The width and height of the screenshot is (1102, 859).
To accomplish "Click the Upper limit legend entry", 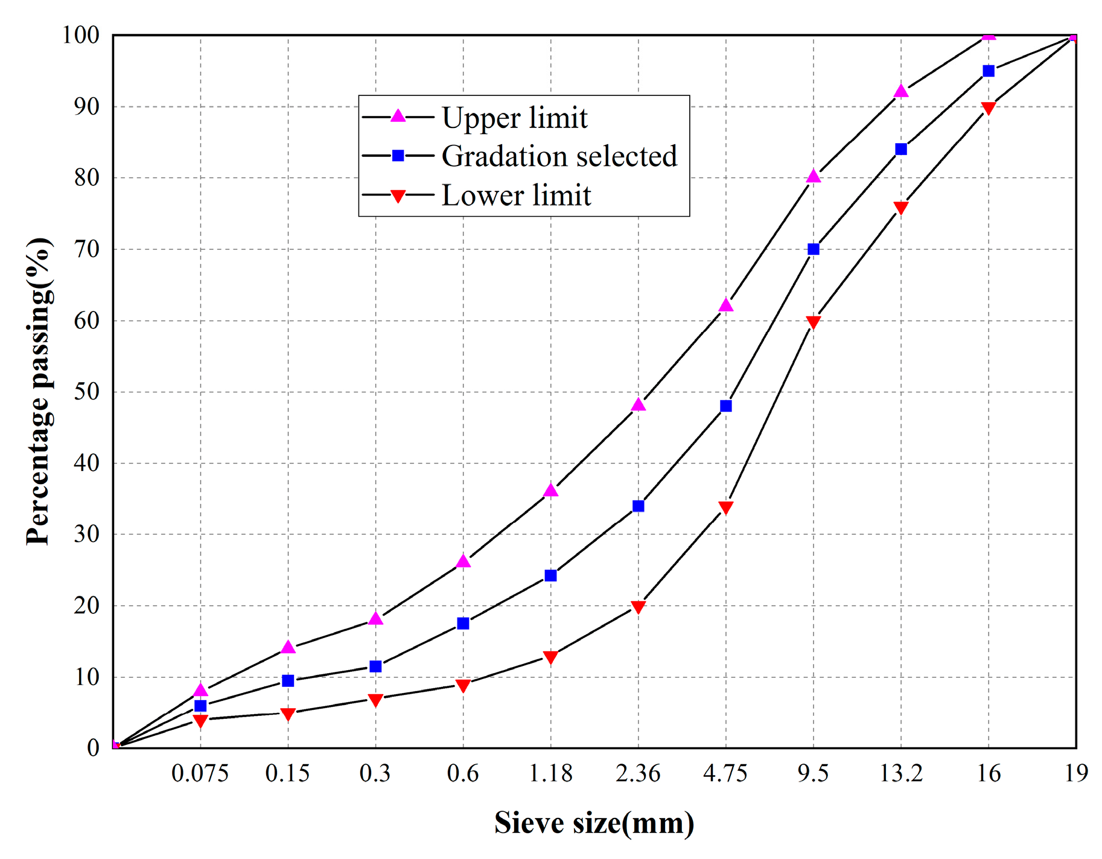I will coord(514,118).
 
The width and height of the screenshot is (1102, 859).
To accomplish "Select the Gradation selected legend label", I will coord(559,156).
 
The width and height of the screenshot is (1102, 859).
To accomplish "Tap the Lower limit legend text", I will coord(516,196).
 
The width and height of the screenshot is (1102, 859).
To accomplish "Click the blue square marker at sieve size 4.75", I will coord(726,406).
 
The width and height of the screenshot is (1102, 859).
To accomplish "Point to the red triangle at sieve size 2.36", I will coord(639,607).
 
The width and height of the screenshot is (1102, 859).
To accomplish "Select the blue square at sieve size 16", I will coord(989,71).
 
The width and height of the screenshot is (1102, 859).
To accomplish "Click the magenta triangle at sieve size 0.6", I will coord(463,561).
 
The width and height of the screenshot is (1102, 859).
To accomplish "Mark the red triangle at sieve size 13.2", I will coord(901,208).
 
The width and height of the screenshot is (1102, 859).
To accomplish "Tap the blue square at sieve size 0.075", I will coord(200,706).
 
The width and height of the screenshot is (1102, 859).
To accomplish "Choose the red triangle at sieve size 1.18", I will coord(550,657).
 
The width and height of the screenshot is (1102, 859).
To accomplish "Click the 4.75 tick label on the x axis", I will coord(725,774).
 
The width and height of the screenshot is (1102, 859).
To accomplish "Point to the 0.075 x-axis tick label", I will coord(200,774).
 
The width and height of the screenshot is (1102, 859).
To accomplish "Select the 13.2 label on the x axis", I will coord(900,774).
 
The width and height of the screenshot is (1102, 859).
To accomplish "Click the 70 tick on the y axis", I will coord(86,249).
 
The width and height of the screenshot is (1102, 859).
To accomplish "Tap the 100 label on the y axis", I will coord(81,35).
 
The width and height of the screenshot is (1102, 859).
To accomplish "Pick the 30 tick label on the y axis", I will coord(86,534).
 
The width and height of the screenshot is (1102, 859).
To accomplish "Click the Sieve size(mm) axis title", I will coord(594,823).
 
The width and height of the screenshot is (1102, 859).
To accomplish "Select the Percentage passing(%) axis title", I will coord(39,391).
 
